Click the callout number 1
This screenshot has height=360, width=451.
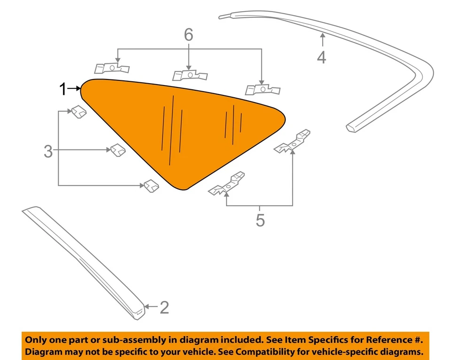(x=63, y=88)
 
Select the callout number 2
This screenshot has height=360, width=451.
(x=164, y=307)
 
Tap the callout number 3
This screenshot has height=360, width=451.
(x=48, y=151)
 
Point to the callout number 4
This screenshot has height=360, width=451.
(x=321, y=57)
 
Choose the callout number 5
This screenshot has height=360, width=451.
(x=260, y=219)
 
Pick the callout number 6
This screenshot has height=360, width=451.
(x=188, y=35)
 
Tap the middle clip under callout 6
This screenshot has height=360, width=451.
(x=190, y=75)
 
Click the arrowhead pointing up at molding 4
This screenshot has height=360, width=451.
(x=322, y=35)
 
